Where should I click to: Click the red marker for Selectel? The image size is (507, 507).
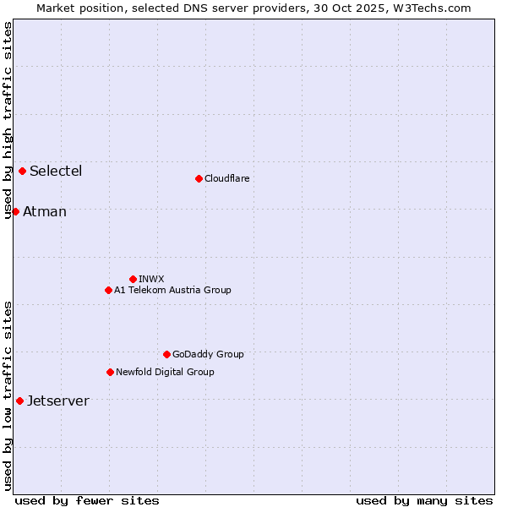[22, 172]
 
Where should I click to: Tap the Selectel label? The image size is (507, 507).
[56, 172]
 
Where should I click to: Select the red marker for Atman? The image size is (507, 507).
[15, 211]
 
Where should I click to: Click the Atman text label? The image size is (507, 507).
[45, 212]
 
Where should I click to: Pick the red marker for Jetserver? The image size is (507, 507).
[19, 401]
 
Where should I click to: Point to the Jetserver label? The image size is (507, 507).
[58, 401]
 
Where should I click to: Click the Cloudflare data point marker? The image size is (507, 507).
[199, 178]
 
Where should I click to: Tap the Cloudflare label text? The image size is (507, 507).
[227, 179]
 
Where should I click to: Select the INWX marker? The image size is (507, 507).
[133, 279]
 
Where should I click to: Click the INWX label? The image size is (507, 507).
[151, 280]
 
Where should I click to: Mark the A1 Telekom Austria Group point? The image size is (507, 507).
[108, 290]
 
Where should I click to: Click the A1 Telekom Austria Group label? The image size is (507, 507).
[172, 291]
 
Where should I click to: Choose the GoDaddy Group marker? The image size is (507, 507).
[166, 354]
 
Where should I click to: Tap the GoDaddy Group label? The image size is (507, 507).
[208, 355]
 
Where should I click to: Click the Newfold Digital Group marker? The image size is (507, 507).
[110, 372]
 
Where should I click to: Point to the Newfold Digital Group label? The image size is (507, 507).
[165, 373]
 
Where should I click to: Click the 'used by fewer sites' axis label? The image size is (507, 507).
[87, 500]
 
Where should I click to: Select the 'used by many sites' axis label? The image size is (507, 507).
[424, 500]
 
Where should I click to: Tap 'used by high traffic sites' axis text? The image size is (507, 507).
[8, 120]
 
